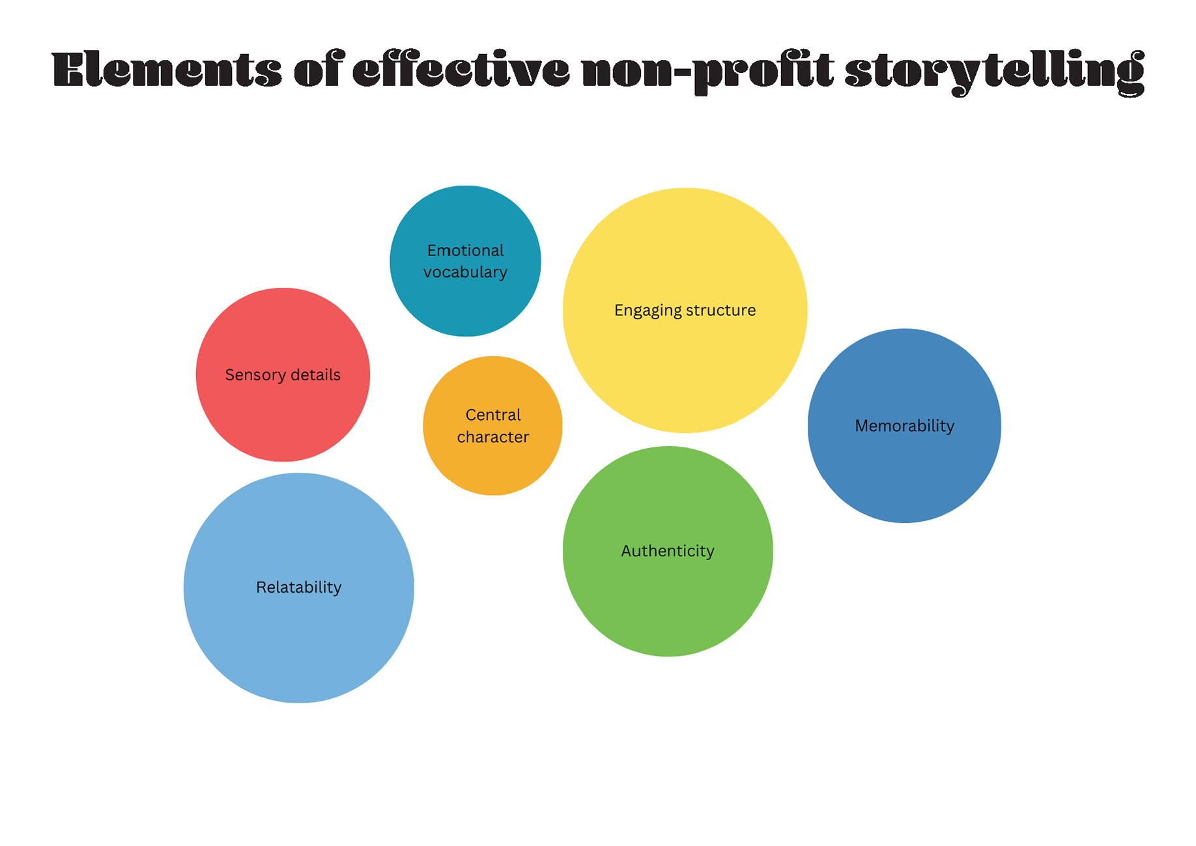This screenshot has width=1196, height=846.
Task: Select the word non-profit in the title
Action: (x=707, y=70)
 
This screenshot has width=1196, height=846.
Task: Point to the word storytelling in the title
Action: (x=994, y=70)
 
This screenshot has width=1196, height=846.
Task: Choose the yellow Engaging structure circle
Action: (x=685, y=365)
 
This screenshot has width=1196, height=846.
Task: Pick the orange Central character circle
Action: (x=492, y=466)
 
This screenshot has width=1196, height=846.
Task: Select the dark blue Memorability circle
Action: (x=904, y=469)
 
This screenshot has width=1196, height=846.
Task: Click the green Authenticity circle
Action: (x=668, y=599)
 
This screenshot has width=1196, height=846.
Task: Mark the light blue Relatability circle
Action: (x=298, y=638)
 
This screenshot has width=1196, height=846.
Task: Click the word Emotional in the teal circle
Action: (x=465, y=251)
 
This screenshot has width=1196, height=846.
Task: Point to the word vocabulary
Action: (x=465, y=272)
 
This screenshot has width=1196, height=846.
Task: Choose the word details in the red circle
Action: (x=315, y=374)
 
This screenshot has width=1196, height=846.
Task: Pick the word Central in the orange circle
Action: (x=493, y=415)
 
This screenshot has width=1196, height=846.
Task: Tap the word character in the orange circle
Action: (x=492, y=437)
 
